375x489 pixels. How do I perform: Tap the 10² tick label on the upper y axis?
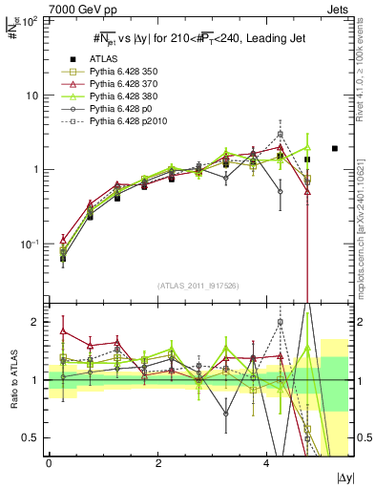(x=32, y=22)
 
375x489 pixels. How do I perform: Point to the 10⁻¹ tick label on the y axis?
(x=32, y=244)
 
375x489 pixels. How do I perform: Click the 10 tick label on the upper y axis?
(x=35, y=96)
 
